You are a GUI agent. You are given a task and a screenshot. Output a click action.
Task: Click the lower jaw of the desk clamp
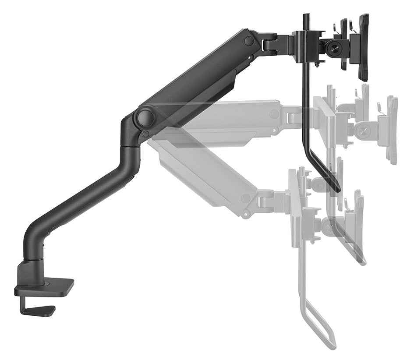point(37,310)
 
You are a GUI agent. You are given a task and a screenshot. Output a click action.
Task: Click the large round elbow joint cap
point(145,117)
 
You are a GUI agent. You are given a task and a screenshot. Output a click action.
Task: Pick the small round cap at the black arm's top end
point(249,41)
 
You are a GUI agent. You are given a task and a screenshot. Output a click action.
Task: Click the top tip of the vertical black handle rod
point(306,17)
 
